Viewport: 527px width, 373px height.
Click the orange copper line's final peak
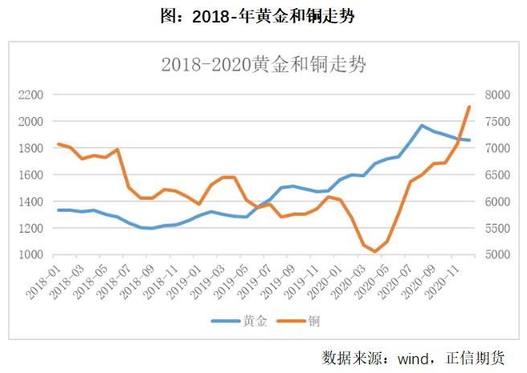pos(469,107)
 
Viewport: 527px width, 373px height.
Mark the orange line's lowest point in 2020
pos(375,252)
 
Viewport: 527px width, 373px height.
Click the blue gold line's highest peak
pos(422,125)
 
